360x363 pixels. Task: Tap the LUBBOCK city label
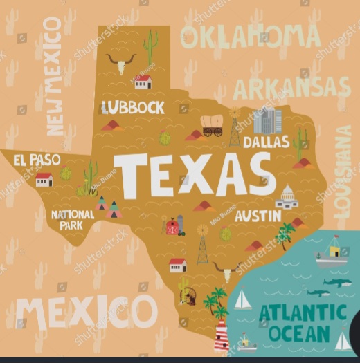coord(133,107)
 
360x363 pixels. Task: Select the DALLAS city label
coord(267,142)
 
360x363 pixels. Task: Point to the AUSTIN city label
coord(258,216)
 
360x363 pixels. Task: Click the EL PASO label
coord(37,160)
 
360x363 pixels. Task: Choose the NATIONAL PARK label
coord(73,220)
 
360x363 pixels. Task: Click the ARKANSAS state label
coord(291,87)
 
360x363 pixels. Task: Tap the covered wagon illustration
coord(212,125)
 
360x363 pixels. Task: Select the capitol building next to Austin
coord(286,198)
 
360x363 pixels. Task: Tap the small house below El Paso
coord(44,180)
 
